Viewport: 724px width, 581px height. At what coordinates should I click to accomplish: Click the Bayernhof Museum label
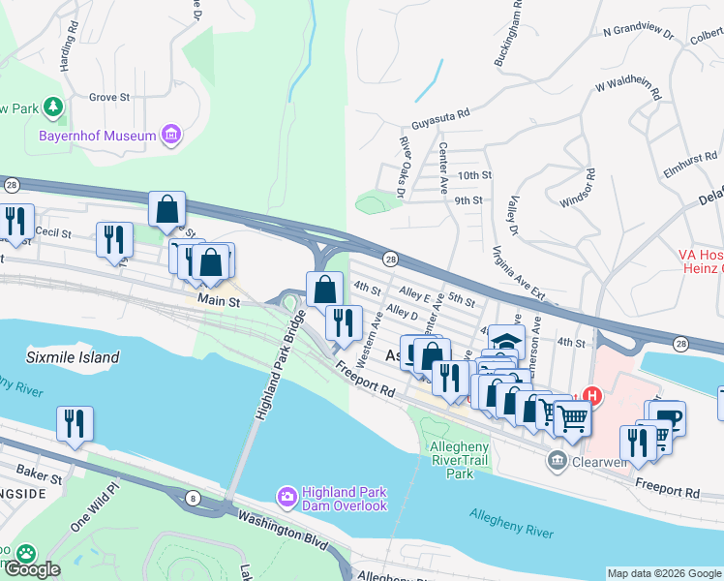point(97,136)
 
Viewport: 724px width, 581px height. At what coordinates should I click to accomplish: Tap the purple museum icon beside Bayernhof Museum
point(171,135)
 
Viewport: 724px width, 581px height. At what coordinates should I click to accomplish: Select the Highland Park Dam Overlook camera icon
point(287,497)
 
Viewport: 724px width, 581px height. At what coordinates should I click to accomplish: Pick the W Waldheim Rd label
point(628,90)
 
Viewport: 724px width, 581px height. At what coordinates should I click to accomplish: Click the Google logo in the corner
point(31,569)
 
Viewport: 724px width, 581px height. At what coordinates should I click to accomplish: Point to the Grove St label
point(109,98)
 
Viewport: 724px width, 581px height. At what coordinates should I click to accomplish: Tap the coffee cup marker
point(668,417)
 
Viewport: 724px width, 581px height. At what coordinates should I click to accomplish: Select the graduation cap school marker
point(504,341)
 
